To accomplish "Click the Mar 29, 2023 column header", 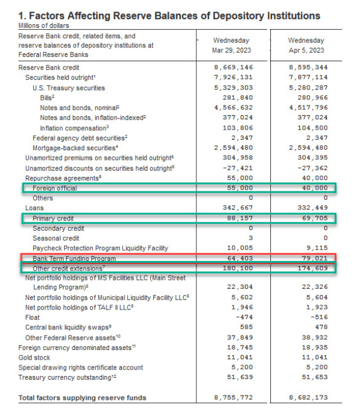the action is tap(235, 45).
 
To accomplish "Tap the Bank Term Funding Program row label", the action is tap(74, 257).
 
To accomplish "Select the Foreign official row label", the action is tap(55, 188).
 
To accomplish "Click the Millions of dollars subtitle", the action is tap(44, 25).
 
